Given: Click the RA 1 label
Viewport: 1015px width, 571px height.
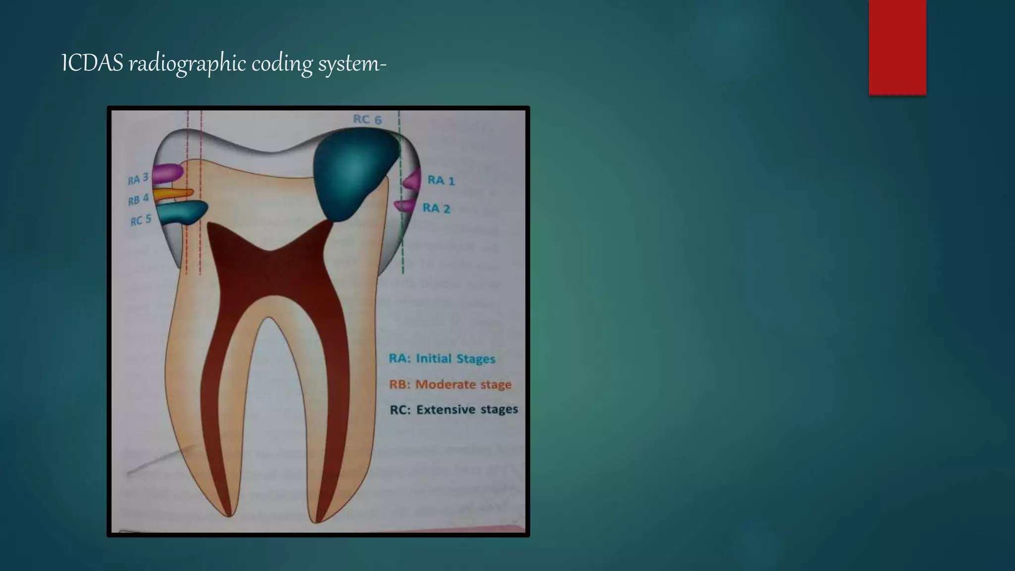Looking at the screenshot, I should point(441,180).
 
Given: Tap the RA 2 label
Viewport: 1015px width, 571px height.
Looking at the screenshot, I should point(436,208).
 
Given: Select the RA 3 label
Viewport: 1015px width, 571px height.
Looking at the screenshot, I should point(138,179).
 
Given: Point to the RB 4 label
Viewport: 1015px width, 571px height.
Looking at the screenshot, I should point(138,200).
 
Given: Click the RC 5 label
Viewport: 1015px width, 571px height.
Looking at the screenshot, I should point(140,220).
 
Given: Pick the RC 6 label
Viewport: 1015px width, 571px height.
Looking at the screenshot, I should point(367,119).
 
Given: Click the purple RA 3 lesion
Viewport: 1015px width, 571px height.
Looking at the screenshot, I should point(168,173).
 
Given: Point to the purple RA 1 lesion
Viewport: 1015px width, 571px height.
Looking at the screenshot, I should point(412,180).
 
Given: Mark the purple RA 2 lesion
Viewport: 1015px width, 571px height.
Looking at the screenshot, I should point(406,206).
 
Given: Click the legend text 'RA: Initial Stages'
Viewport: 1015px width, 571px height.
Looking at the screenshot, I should point(442,358).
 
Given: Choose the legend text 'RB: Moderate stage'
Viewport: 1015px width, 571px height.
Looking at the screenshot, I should point(450,384).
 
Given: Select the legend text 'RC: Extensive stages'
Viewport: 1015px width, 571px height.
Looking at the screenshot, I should point(453,409).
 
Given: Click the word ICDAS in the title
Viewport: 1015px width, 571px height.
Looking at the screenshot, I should point(92,64).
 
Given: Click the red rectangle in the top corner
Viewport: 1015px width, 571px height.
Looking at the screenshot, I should point(897,47).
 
